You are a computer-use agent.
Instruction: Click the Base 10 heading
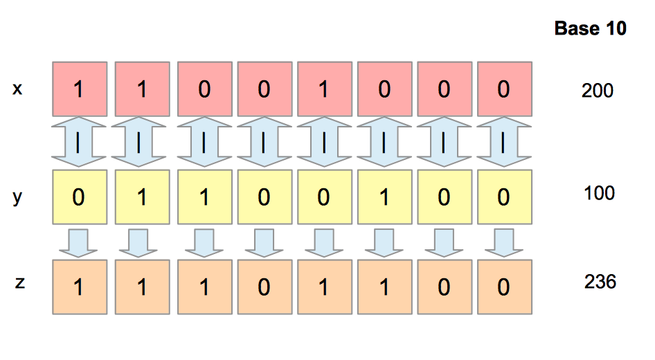pyautogui.click(x=591, y=28)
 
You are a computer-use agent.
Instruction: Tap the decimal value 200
pyautogui.click(x=598, y=90)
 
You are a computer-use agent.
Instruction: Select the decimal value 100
pyautogui.click(x=599, y=192)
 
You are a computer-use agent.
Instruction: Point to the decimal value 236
pyautogui.click(x=600, y=282)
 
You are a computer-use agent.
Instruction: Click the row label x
pyautogui.click(x=18, y=89)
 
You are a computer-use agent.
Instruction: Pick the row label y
pyautogui.click(x=18, y=197)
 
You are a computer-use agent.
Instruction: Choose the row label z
pyautogui.click(x=20, y=283)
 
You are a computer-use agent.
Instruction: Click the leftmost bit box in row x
pyautogui.click(x=80, y=89)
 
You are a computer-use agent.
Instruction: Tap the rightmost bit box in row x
pyautogui.click(x=505, y=89)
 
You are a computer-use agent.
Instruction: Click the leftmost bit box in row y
pyautogui.click(x=80, y=197)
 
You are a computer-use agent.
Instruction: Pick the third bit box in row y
pyautogui.click(x=204, y=197)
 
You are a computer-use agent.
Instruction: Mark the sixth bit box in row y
pyautogui.click(x=385, y=197)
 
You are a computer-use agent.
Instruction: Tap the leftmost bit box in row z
pyautogui.click(x=80, y=287)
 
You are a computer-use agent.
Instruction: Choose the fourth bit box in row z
pyautogui.click(x=264, y=287)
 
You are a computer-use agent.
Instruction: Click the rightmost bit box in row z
pyautogui.click(x=505, y=287)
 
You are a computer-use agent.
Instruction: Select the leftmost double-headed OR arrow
pyautogui.click(x=80, y=143)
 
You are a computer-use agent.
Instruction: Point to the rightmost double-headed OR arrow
pyautogui.click(x=505, y=143)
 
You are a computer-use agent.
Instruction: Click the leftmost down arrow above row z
pyautogui.click(x=80, y=242)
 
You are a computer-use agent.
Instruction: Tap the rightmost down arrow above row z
pyautogui.click(x=505, y=242)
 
